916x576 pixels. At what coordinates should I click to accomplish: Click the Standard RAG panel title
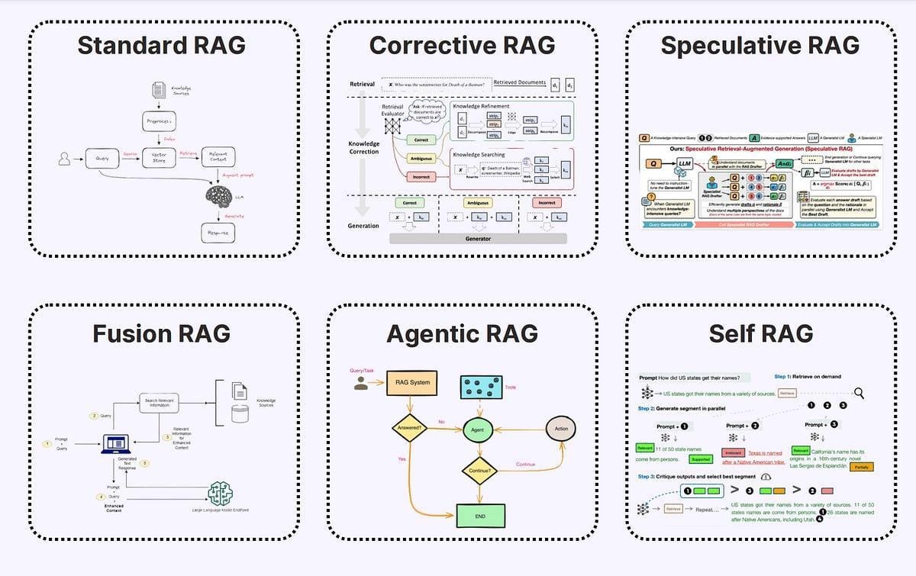click(162, 45)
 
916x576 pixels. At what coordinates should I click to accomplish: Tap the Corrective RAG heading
click(462, 45)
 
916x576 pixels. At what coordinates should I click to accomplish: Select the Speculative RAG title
click(760, 45)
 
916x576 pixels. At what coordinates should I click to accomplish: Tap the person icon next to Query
click(64, 159)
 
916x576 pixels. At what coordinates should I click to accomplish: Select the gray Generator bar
click(479, 239)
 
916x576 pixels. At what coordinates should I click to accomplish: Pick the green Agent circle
click(478, 430)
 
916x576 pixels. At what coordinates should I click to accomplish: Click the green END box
click(479, 516)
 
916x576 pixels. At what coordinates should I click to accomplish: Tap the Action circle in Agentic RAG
click(560, 429)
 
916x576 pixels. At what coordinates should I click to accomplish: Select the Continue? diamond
click(478, 471)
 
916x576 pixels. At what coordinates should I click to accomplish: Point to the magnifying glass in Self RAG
click(859, 393)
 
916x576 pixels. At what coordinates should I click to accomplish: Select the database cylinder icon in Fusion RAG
click(240, 413)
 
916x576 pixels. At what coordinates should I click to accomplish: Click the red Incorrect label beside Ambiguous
click(421, 176)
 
